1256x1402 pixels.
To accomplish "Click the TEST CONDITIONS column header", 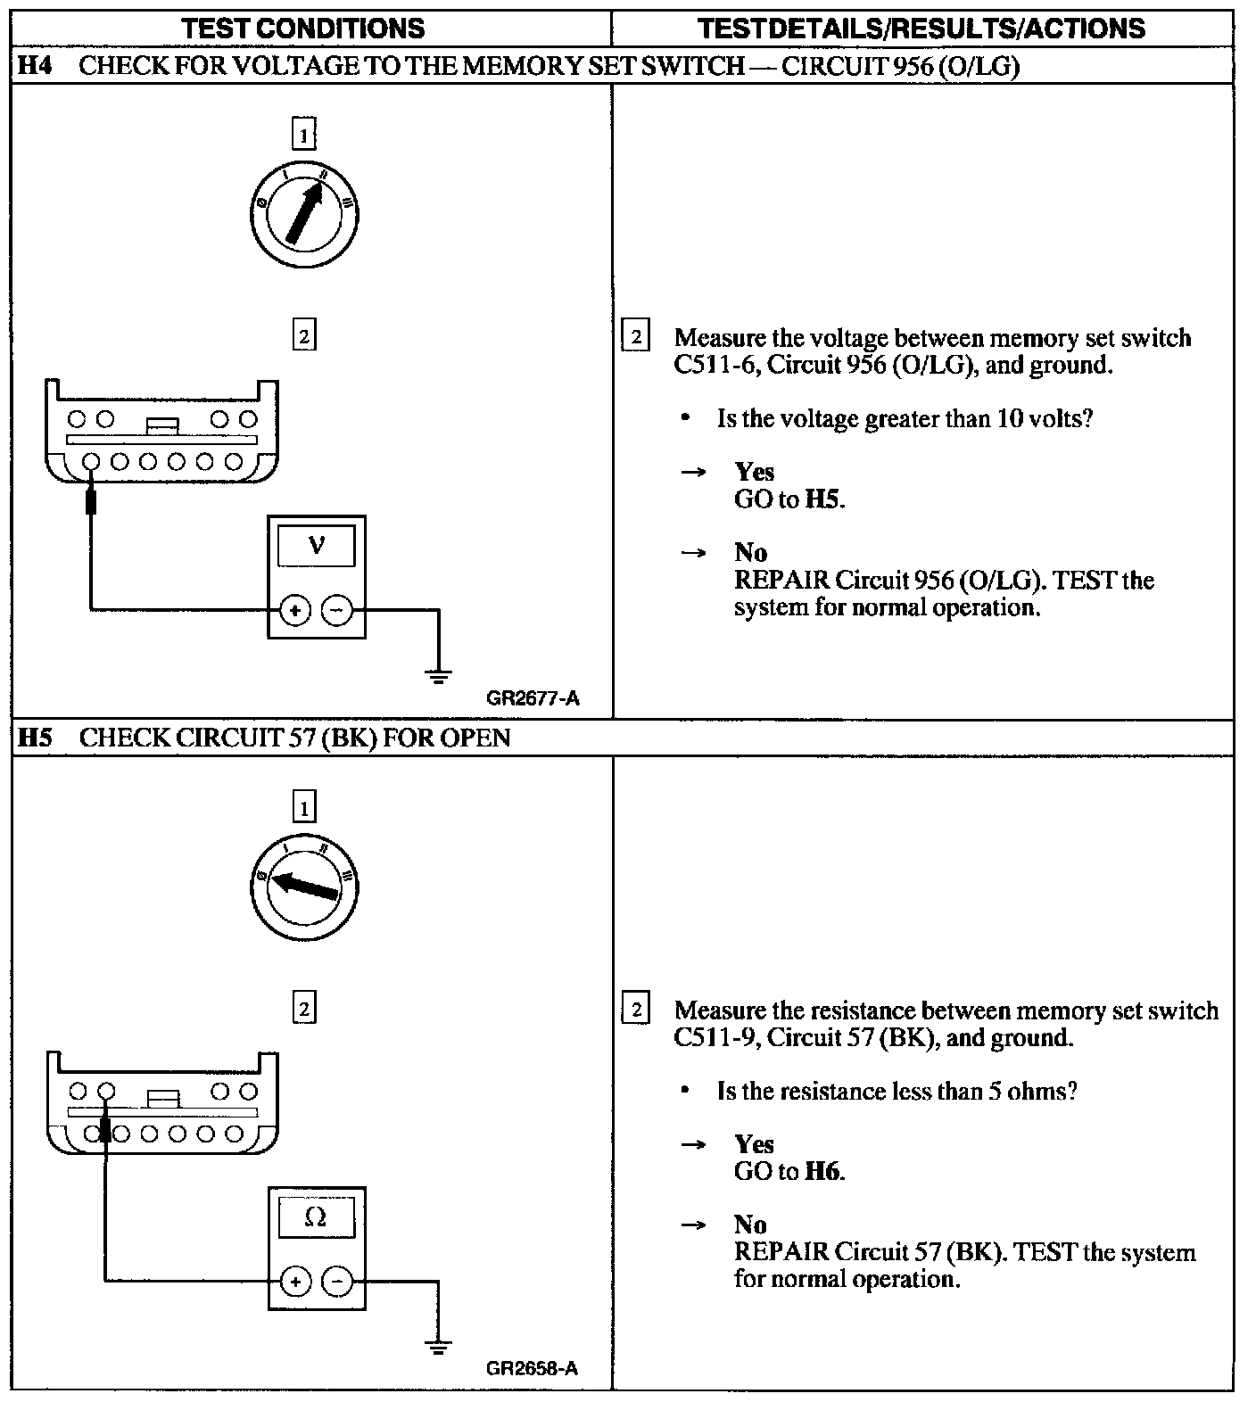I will tap(303, 29).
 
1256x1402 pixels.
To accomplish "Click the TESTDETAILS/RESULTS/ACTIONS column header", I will tap(921, 29).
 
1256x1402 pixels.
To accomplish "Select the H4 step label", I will tap(35, 66).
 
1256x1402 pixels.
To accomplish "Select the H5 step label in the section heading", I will tap(35, 738).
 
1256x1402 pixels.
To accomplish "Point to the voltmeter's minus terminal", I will tap(336, 611).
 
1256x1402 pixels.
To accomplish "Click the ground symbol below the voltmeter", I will tap(438, 676).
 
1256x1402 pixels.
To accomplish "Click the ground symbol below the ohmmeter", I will tap(438, 1348).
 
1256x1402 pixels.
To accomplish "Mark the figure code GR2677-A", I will tap(533, 698).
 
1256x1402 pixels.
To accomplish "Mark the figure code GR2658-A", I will tap(533, 1368).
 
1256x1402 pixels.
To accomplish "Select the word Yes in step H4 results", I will tap(754, 472).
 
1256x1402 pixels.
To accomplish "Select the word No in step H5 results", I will tap(750, 1225).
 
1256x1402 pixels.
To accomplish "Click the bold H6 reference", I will tap(822, 1171).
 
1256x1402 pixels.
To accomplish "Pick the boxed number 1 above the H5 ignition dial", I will tap(304, 809).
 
